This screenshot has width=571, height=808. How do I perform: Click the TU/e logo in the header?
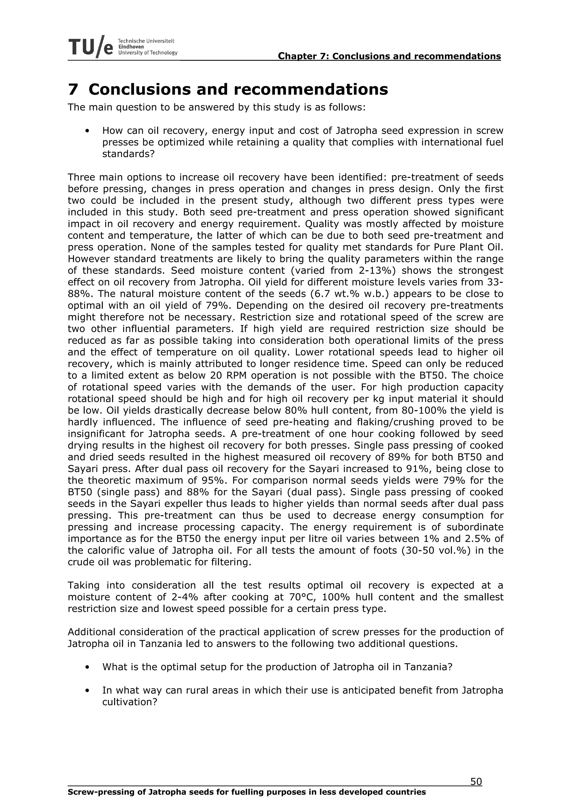click(91, 47)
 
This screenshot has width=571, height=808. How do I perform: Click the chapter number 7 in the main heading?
click(72, 89)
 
